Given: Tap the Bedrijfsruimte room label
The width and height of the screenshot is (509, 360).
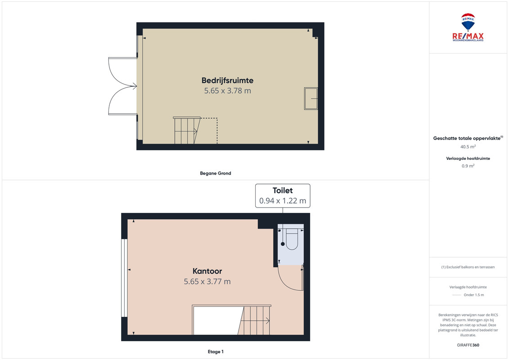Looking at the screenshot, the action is (227, 80).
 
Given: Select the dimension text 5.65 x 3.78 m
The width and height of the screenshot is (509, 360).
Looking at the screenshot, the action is (227, 90).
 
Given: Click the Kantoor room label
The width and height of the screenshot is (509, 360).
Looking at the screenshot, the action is (207, 271).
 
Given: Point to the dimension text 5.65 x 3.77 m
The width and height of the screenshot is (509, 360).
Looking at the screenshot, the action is (207, 281).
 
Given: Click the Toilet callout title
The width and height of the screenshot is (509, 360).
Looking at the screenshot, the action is (283, 190).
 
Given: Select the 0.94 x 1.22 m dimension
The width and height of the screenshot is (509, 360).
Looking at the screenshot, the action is (283, 201).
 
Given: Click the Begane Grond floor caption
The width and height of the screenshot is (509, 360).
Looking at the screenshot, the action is (216, 173).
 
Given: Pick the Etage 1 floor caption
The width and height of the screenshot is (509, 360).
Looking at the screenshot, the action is (216, 351).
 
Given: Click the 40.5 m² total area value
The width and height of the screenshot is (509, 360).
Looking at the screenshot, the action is (468, 147).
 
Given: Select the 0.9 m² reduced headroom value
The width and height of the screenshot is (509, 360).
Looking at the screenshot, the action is (468, 166).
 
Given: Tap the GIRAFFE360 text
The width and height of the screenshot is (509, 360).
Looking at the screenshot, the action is (468, 345).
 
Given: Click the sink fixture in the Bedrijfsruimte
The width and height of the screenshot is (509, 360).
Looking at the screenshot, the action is (311, 99).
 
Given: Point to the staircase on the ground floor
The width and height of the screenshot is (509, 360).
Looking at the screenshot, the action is (186, 130).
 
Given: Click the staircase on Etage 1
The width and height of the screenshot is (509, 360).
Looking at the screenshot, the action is (254, 320).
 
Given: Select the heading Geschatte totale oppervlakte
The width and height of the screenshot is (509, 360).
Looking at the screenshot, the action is (468, 138).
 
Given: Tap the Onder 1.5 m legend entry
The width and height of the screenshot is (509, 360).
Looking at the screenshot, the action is (473, 295).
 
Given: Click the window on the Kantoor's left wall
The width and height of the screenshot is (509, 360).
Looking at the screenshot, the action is (124, 278).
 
